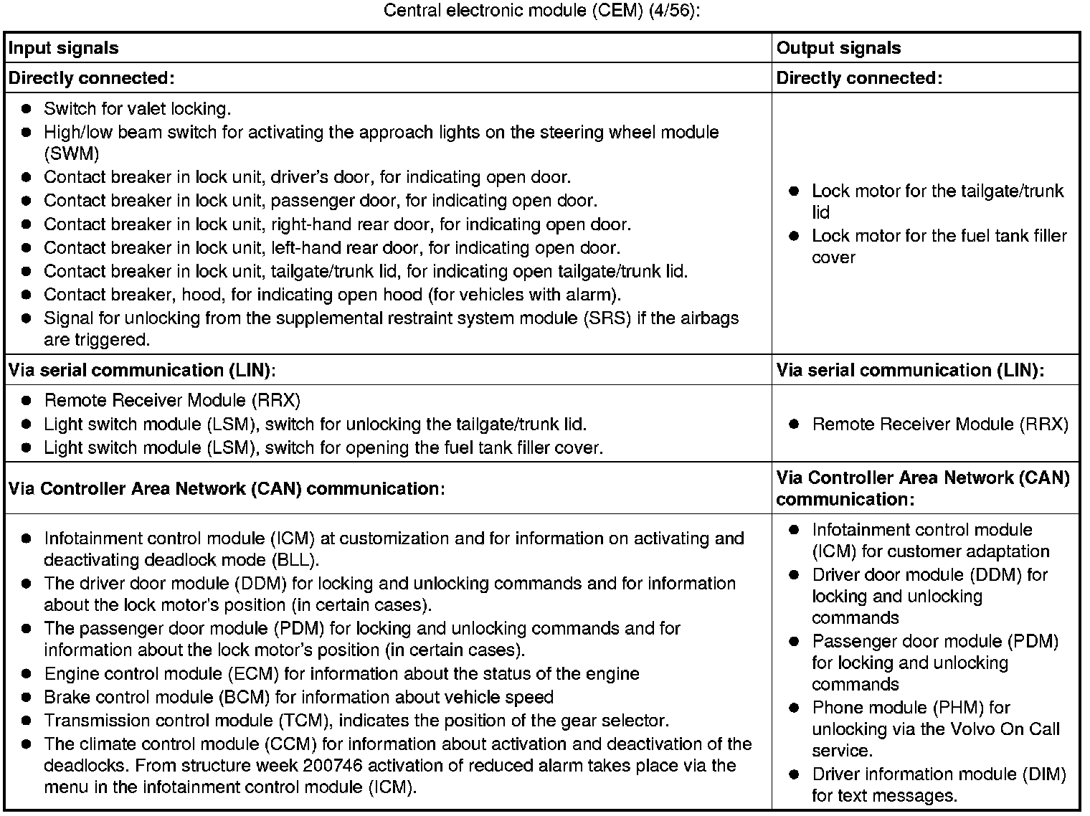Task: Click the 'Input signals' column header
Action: click(63, 48)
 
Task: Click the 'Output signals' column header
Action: click(838, 48)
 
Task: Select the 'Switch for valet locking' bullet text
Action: click(137, 109)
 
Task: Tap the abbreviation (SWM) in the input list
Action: click(71, 153)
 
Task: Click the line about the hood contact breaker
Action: click(332, 295)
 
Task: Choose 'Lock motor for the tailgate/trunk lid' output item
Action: click(937, 201)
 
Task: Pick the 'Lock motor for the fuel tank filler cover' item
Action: click(939, 246)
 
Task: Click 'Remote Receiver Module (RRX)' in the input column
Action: click(172, 400)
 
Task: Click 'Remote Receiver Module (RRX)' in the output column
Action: click(939, 424)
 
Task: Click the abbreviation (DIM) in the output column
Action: click(1043, 774)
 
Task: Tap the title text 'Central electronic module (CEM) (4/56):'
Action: click(541, 11)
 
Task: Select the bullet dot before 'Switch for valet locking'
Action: click(27, 109)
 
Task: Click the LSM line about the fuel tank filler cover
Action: click(323, 448)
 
